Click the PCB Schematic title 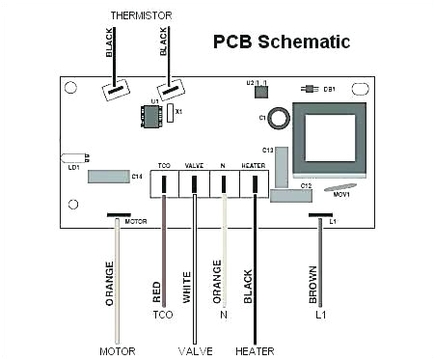[281, 42]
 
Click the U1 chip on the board [151, 115]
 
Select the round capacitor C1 [279, 119]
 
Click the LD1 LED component [72, 157]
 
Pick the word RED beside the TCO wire [156, 291]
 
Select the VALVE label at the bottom [195, 350]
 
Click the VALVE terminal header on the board [194, 181]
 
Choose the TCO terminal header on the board [165, 181]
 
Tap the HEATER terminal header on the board [254, 181]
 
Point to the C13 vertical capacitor [281, 170]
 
